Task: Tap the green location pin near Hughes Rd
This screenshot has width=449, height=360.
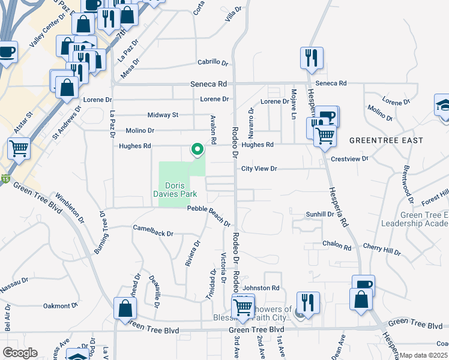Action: click(196, 149)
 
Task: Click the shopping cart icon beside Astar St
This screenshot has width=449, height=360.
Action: click(19, 147)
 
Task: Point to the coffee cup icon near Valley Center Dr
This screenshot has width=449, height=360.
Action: click(7, 52)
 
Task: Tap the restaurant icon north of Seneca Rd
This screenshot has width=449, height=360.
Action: click(313, 58)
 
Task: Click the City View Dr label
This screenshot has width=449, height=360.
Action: click(259, 169)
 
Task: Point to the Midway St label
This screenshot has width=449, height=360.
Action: click(163, 115)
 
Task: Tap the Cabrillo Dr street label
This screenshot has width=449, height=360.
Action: click(213, 62)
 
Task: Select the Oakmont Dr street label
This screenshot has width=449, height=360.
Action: click(61, 305)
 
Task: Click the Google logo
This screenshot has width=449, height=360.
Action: click(19, 353)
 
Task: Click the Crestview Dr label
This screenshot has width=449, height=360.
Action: click(349, 159)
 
